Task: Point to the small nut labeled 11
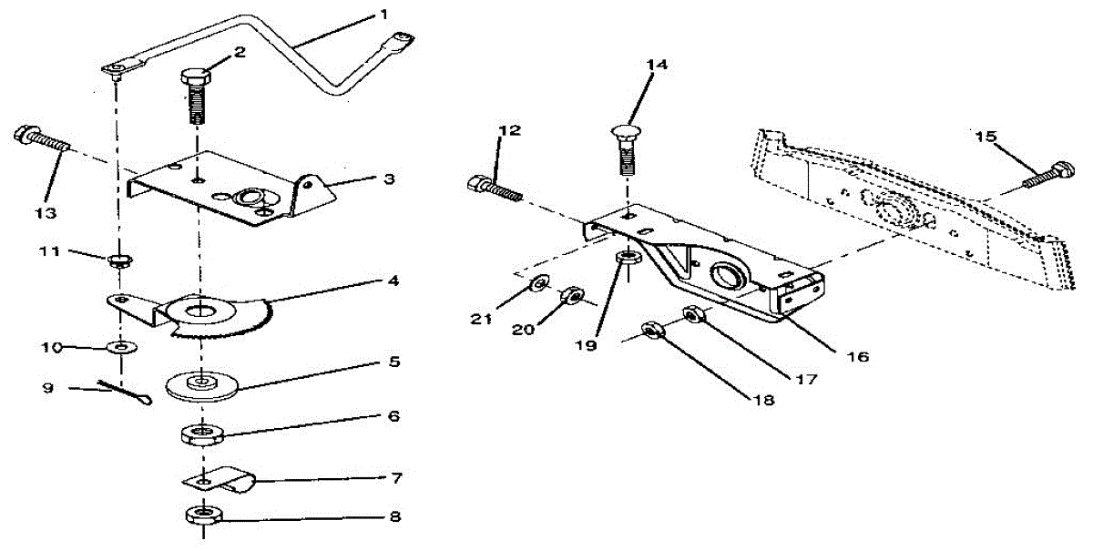click(x=117, y=262)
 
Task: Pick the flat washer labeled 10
click(x=120, y=347)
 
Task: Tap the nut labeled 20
click(x=572, y=296)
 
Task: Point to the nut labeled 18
click(x=653, y=330)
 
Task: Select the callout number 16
click(x=855, y=356)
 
